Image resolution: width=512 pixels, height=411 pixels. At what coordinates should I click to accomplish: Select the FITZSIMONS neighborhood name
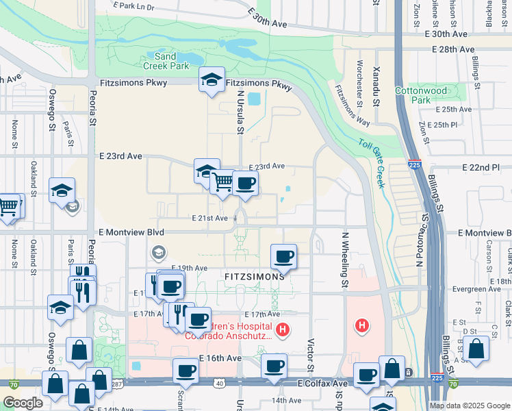coord(253,277)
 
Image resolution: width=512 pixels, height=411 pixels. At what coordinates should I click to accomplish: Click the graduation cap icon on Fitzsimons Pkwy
coord(212,81)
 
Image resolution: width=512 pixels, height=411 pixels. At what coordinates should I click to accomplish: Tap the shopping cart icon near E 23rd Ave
coord(222,182)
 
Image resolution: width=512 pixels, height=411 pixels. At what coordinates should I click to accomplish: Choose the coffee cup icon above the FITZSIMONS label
coord(283,257)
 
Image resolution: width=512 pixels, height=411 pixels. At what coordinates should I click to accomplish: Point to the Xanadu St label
coord(376,88)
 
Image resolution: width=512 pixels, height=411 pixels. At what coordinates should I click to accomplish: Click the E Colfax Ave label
coord(324,385)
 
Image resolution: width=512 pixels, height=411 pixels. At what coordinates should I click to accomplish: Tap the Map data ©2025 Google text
coord(469,406)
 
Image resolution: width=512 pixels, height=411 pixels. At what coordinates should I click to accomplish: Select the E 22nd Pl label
coord(486,167)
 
